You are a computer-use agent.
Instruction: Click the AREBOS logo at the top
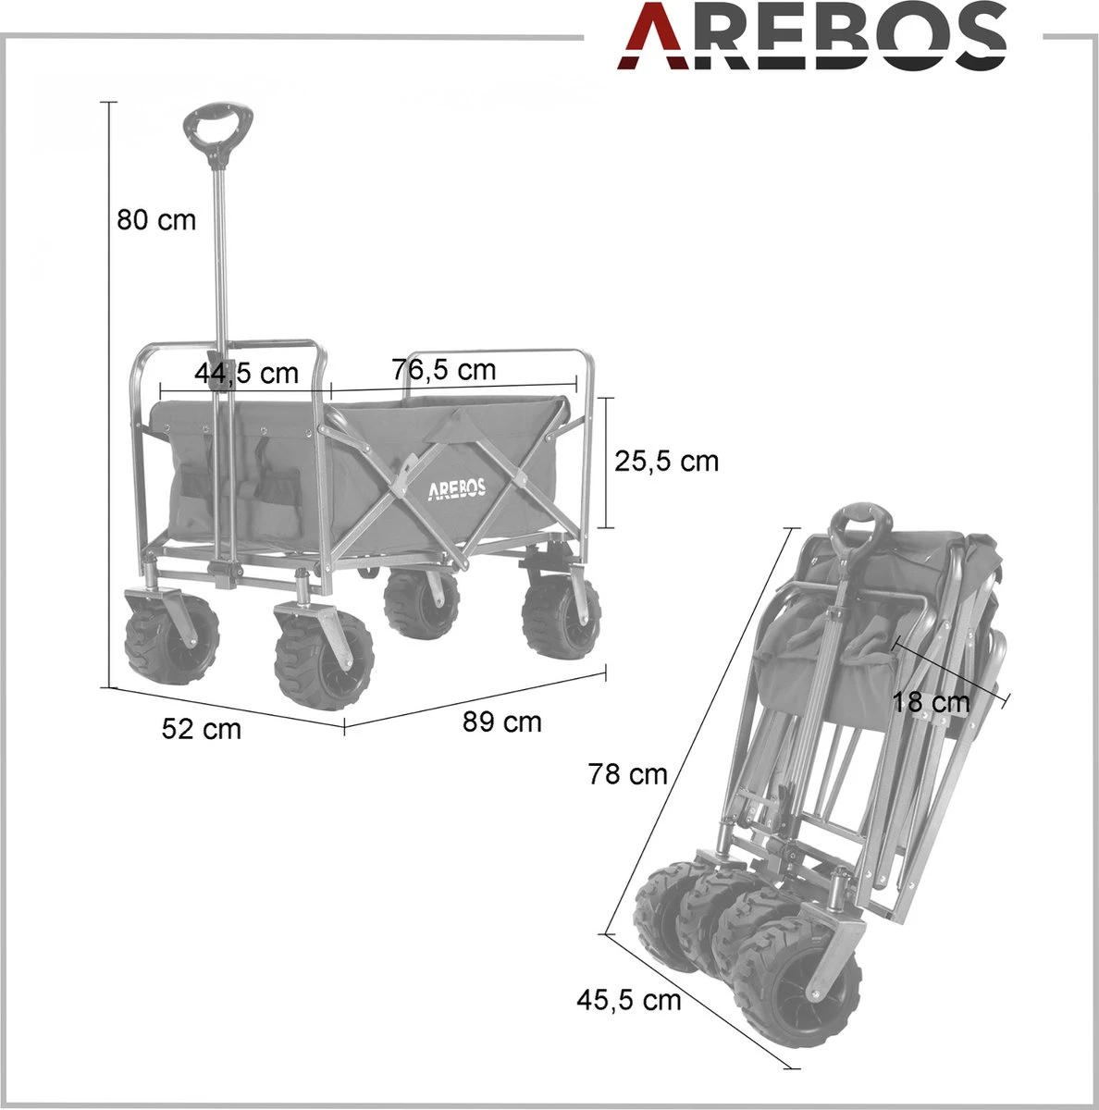(x=812, y=37)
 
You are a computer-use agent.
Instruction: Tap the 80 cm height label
(x=156, y=220)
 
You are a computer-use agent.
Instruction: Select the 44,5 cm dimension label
(x=247, y=373)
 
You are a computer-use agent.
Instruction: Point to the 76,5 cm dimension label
(x=444, y=370)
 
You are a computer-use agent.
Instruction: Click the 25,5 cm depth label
(x=666, y=461)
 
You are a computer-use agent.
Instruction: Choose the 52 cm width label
(x=201, y=729)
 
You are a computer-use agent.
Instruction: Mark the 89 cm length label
(x=502, y=721)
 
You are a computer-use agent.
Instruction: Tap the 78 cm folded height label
(x=627, y=773)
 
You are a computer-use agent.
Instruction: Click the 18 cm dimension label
(x=932, y=702)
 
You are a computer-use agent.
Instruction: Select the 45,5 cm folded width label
(x=628, y=999)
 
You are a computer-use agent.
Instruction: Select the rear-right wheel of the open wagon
(x=558, y=617)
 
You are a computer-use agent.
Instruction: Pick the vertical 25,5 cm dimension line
(x=608, y=462)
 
